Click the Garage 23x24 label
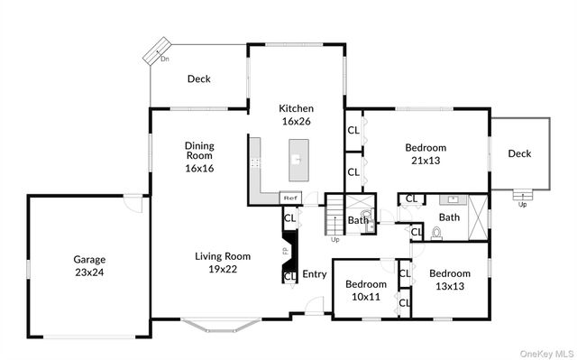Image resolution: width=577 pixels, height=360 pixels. [89, 264]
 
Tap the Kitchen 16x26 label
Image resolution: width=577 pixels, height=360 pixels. [296, 114]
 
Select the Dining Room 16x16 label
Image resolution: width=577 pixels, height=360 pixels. [199, 156]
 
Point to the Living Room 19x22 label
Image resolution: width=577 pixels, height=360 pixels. [221, 262]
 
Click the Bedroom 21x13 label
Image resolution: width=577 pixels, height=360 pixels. [426, 154]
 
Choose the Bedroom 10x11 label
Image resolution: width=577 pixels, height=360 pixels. [366, 290]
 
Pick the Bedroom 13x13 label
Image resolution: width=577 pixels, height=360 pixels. [449, 281]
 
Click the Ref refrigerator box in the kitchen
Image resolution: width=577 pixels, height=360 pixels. [290, 198]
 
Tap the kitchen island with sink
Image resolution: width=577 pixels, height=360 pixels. [296, 161]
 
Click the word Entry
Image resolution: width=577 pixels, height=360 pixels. [315, 274]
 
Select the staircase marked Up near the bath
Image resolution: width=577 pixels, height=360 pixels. [335, 217]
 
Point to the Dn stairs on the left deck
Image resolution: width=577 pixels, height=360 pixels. [160, 51]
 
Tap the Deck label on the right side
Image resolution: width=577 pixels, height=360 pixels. [519, 153]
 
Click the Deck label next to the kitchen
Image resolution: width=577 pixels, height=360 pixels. [199, 79]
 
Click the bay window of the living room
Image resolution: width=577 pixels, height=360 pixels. [221, 324]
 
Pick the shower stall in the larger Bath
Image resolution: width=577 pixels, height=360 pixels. [478, 217]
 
